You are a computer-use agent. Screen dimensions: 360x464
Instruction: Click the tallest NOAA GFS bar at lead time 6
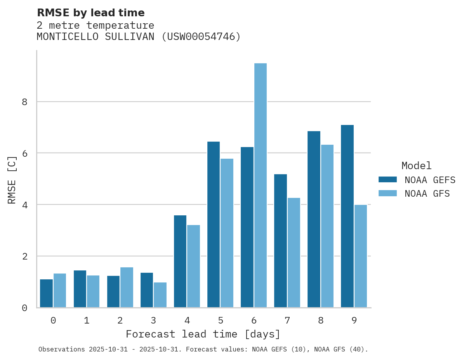coord(260,185)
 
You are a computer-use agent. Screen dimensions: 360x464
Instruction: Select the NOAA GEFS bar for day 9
coord(347,216)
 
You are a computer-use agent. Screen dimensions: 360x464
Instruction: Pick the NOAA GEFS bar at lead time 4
coord(180,261)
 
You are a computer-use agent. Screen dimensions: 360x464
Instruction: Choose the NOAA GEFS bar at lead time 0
coord(47,293)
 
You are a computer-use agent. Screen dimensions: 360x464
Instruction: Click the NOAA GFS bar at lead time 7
coord(294,253)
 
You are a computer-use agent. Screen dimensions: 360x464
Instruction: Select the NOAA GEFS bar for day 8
coord(314,219)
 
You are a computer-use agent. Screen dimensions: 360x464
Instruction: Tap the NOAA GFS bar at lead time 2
coord(127,287)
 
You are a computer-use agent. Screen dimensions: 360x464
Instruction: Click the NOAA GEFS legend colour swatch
coord(388,180)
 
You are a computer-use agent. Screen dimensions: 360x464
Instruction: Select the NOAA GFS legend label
coord(427,194)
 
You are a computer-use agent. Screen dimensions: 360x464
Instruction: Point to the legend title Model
coord(416,166)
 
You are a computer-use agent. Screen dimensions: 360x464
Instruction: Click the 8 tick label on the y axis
coord(24,102)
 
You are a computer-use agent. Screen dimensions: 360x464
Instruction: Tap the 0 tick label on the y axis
coord(24,308)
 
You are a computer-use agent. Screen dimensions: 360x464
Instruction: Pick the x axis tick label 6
coord(254,321)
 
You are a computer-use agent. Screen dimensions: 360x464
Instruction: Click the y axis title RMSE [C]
coord(12,180)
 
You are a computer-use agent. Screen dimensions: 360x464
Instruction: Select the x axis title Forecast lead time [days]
coord(203,334)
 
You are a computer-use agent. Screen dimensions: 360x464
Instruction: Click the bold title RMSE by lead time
coord(90,13)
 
